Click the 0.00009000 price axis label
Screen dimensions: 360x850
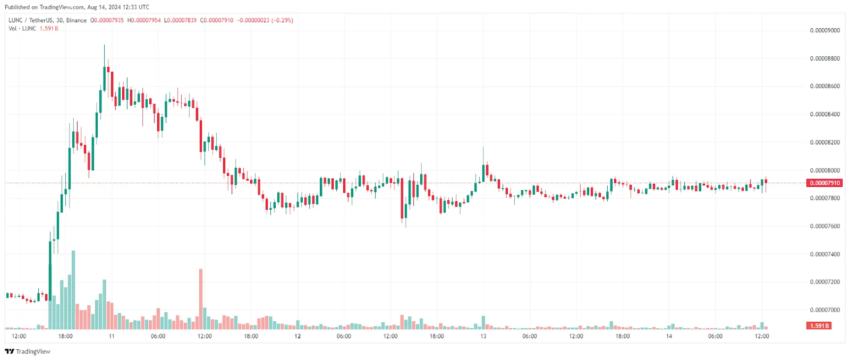point(824,30)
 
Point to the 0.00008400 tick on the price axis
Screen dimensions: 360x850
point(824,114)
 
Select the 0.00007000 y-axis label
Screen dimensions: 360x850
point(824,310)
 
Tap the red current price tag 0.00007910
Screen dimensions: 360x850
point(824,183)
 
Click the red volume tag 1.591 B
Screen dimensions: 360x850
point(819,326)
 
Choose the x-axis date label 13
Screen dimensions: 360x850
point(483,336)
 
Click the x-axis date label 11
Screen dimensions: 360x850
point(112,336)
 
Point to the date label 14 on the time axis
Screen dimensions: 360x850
point(669,336)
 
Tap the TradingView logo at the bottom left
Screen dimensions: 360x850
point(28,352)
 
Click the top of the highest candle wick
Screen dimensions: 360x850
point(104,46)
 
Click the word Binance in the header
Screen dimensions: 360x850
point(76,20)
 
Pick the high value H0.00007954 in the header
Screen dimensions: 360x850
point(144,20)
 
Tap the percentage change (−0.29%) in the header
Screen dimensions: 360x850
point(282,20)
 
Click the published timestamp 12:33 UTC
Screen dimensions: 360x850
point(135,7)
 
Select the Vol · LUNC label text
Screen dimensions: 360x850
point(22,28)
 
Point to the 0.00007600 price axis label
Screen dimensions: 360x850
point(824,226)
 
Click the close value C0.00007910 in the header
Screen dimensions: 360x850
point(217,20)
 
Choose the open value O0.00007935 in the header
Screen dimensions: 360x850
point(107,20)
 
